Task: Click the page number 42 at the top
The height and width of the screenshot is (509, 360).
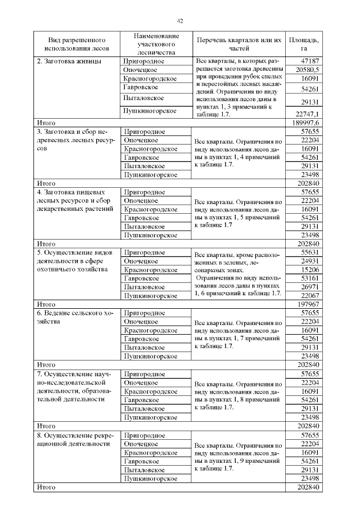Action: point(180,21)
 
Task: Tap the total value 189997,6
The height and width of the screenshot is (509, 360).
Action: point(306,122)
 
